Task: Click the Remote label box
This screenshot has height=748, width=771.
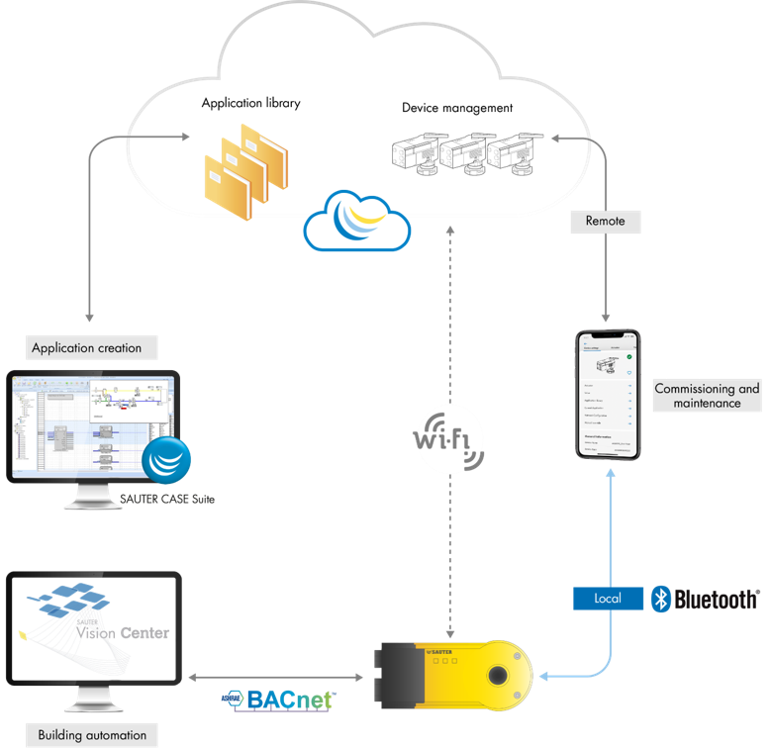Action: pos(605,222)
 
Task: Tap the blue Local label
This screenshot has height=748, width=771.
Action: pos(607,600)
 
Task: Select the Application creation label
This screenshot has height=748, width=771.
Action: pos(86,348)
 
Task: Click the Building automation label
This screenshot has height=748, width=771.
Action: pos(92,735)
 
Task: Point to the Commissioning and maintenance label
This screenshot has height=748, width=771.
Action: pos(707,396)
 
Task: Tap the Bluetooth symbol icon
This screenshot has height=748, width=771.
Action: pos(661,599)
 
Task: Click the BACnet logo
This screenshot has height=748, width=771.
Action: pos(278,699)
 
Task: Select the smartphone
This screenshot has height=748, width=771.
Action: pos(609,395)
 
